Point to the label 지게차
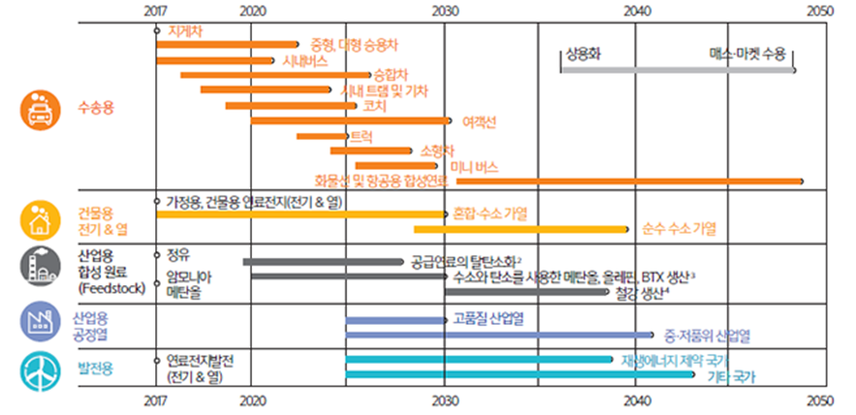pos(185,31)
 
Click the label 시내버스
pos(303,60)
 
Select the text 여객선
pos(480,121)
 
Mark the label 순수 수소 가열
pos(678,229)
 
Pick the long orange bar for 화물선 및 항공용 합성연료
pos(630,181)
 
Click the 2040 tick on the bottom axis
pos(635,399)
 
